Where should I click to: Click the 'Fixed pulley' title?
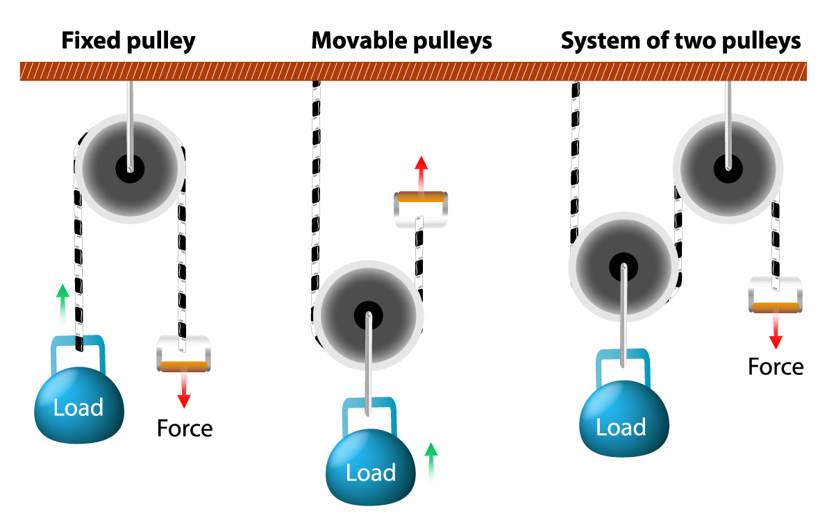point(128,41)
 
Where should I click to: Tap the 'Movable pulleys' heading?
point(401,41)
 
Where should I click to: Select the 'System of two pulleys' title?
point(680,41)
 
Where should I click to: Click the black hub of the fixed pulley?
point(130,167)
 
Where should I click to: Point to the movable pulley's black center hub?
point(368,316)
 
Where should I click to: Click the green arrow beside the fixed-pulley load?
point(62,304)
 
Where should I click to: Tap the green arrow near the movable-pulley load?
point(431,461)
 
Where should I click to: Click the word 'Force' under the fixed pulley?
point(184,428)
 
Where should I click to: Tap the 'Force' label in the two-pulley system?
point(776,367)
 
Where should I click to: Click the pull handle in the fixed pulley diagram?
point(183,353)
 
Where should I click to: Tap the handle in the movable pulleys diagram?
point(421,209)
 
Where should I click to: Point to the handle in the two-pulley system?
point(776,294)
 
